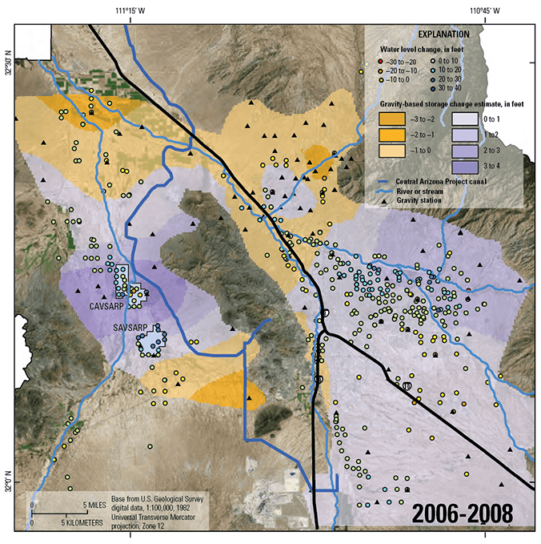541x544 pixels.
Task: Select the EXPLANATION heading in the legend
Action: coord(445,35)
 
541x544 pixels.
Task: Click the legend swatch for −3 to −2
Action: coord(391,120)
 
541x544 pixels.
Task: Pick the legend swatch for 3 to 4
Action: coord(466,167)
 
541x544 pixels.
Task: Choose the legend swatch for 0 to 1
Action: coord(466,120)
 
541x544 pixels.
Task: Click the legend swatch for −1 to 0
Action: coord(391,151)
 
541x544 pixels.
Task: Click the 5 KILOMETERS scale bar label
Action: coord(82,522)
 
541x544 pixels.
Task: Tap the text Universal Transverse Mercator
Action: coord(157,517)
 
